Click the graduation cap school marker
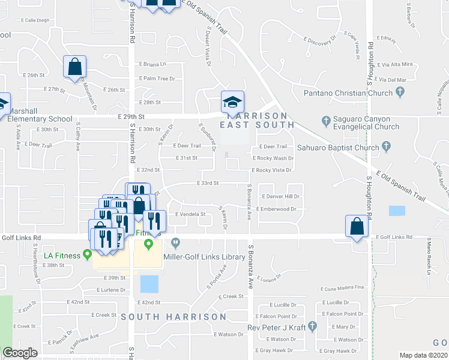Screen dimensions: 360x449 (x=232, y=102)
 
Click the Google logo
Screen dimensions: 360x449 (x=20, y=353)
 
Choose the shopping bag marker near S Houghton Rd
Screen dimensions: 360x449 (x=357, y=227)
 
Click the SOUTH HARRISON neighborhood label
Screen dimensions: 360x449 (x=173, y=316)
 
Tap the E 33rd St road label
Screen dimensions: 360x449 (x=208, y=183)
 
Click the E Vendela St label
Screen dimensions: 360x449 (x=190, y=214)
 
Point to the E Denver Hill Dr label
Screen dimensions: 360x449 (x=281, y=197)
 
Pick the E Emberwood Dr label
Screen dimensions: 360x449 (x=277, y=209)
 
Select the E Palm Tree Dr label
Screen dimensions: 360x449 (x=157, y=79)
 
